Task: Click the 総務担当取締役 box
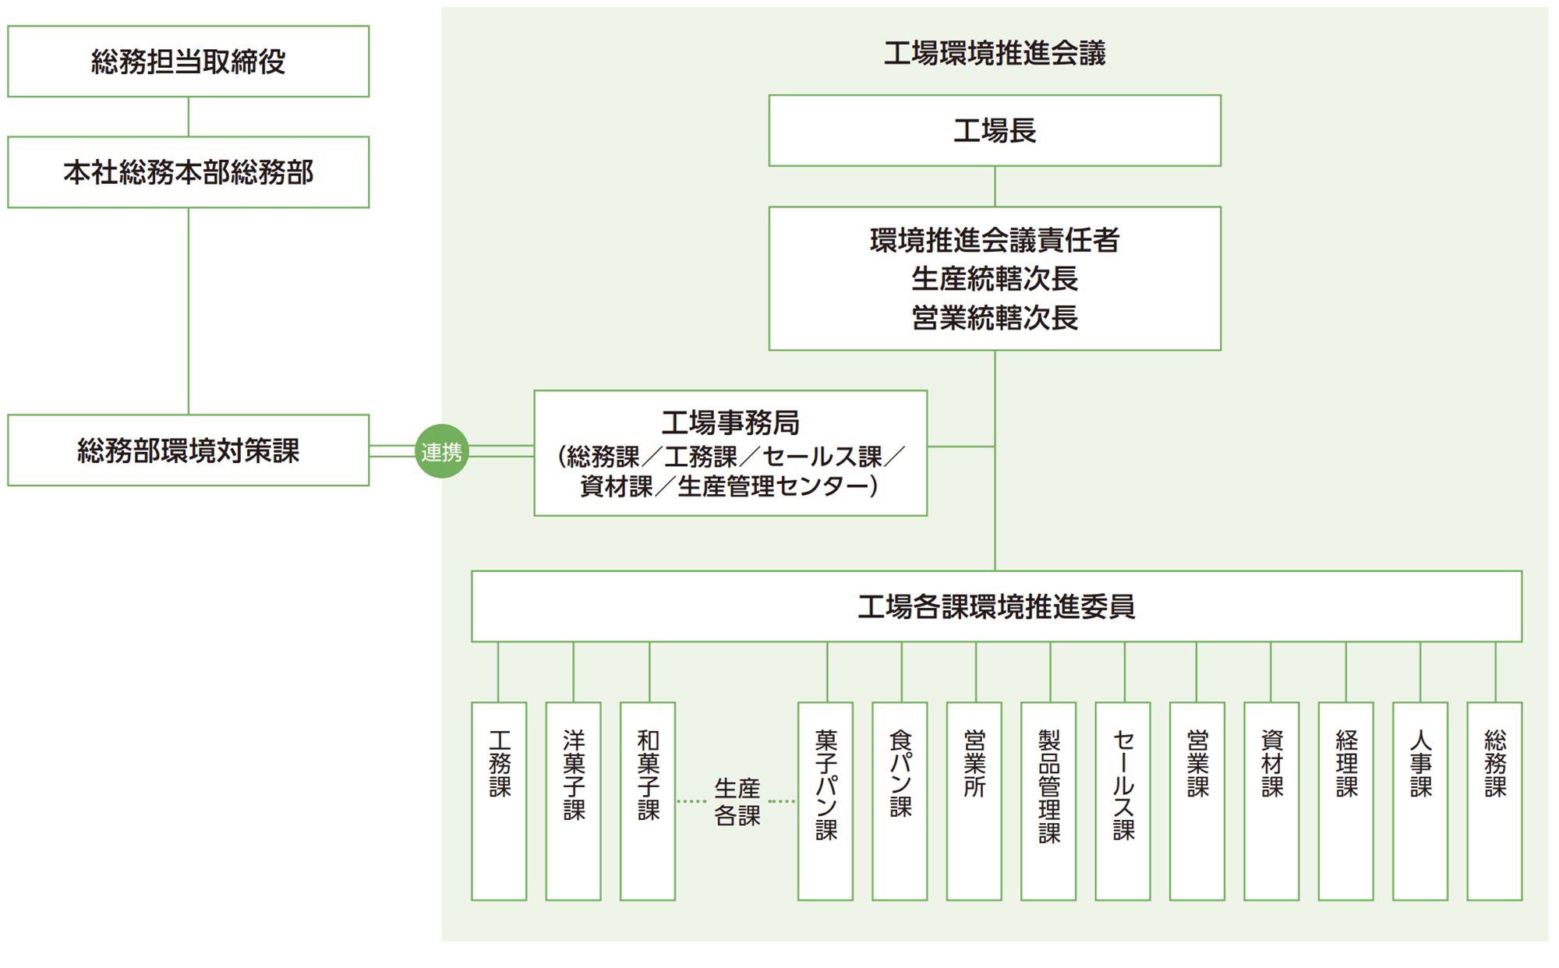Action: (x=188, y=62)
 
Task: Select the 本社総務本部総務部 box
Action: (x=188, y=172)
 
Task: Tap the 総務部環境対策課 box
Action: (x=188, y=450)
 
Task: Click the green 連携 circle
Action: (x=441, y=451)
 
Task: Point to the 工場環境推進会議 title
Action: (x=994, y=53)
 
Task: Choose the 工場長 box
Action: (x=994, y=131)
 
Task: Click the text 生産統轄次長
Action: (x=994, y=279)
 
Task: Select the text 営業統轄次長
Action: (x=994, y=318)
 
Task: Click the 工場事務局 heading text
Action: (x=730, y=422)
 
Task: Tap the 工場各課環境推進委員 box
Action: (x=995, y=606)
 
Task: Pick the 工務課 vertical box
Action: (x=499, y=800)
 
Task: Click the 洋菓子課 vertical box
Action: (x=573, y=800)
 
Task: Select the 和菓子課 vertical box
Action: (x=648, y=800)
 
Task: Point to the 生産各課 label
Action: (x=737, y=801)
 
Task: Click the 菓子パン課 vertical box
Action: (x=825, y=800)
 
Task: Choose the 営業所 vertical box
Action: (x=974, y=800)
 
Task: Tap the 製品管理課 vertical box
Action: (x=1048, y=800)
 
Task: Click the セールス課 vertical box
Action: (x=1122, y=800)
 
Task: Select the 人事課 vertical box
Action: (x=1420, y=800)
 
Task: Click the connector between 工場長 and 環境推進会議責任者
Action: (x=995, y=186)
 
